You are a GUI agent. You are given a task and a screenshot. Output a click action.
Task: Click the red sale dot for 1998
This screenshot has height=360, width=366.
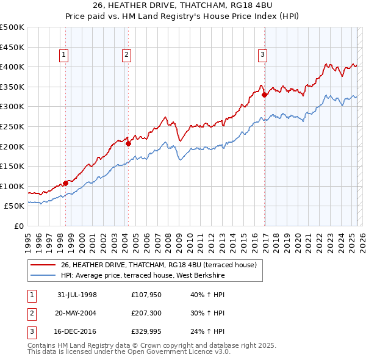click(66, 182)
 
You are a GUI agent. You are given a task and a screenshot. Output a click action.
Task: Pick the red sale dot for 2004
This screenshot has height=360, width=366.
click(129, 143)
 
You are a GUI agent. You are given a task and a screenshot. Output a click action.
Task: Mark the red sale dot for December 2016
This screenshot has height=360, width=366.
click(264, 95)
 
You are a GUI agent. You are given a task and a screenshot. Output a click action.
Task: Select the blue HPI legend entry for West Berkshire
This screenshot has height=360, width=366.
click(143, 276)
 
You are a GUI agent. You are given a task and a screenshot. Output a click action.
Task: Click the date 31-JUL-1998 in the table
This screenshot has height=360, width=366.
click(77, 294)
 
